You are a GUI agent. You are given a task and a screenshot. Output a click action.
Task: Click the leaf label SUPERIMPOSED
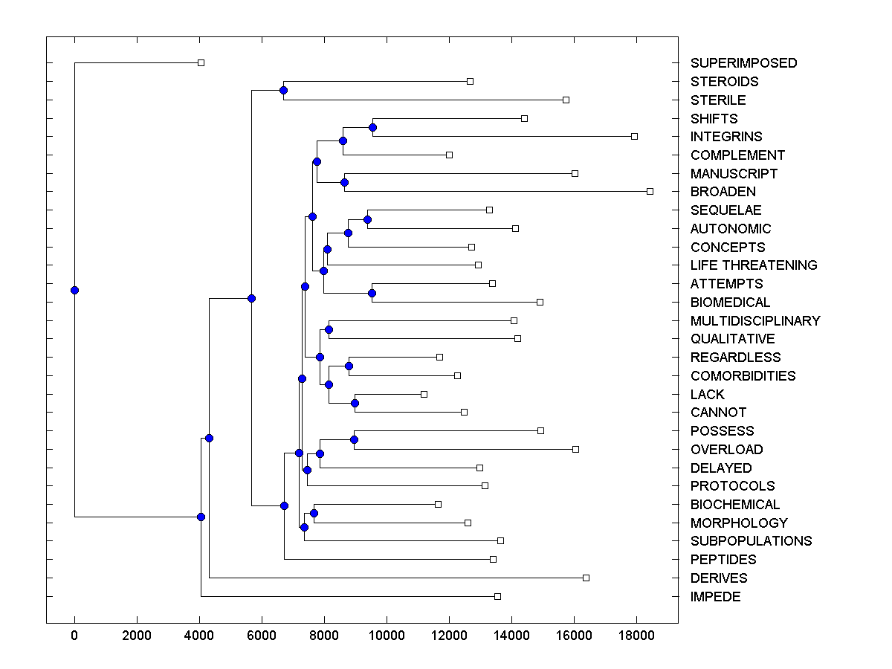tap(743, 63)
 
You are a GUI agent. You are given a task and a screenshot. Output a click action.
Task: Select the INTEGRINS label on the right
tap(726, 137)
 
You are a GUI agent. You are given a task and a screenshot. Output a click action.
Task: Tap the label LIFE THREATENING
tap(754, 265)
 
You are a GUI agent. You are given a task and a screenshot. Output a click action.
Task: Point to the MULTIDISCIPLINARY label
tap(755, 321)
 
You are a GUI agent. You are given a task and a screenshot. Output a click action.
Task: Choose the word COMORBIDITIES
tap(743, 376)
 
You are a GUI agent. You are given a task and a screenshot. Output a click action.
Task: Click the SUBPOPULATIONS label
tap(751, 541)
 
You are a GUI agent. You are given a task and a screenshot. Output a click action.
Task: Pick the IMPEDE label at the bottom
tap(715, 597)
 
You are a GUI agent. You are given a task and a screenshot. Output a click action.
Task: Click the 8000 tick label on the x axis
tap(324, 635)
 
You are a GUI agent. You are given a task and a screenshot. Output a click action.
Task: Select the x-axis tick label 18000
tap(636, 635)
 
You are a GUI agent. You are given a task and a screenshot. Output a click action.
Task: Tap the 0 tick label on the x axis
tap(74, 635)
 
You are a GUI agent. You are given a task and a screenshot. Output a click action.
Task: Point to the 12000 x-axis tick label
tap(449, 635)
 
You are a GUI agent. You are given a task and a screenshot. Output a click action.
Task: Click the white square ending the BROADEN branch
tap(650, 191)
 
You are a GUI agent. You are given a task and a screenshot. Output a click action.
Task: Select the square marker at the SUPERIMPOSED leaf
tap(201, 62)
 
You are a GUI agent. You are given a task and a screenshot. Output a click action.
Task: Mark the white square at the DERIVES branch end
tap(586, 578)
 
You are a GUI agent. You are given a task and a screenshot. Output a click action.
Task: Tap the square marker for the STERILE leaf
tap(566, 100)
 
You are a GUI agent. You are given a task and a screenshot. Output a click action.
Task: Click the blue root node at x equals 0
tap(74, 290)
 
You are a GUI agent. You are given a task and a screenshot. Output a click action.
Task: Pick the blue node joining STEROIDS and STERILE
tap(283, 90)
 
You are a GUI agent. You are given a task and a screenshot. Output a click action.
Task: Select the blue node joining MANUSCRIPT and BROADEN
tap(344, 182)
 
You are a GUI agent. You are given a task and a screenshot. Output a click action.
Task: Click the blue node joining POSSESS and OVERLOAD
tap(354, 439)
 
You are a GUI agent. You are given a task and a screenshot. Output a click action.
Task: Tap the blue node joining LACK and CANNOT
tap(355, 403)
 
